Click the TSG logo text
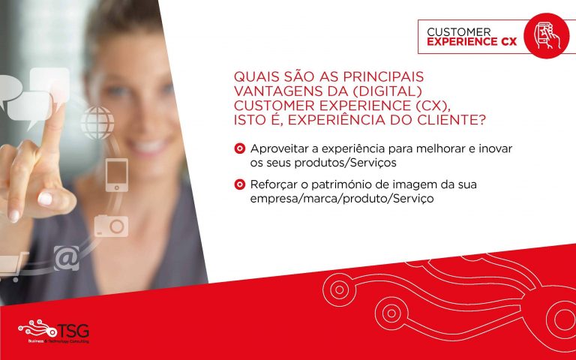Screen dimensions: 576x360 [73, 331]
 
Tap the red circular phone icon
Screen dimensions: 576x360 [546, 36]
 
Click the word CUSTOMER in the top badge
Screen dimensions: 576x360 [459, 32]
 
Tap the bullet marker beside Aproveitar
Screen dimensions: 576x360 [239, 148]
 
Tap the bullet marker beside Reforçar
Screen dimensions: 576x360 [239, 184]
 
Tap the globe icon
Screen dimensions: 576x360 [97, 123]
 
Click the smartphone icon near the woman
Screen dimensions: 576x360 [117, 175]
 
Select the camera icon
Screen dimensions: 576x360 [111, 226]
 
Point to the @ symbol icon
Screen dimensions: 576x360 [67, 258]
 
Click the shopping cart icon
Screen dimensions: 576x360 [13, 266]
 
